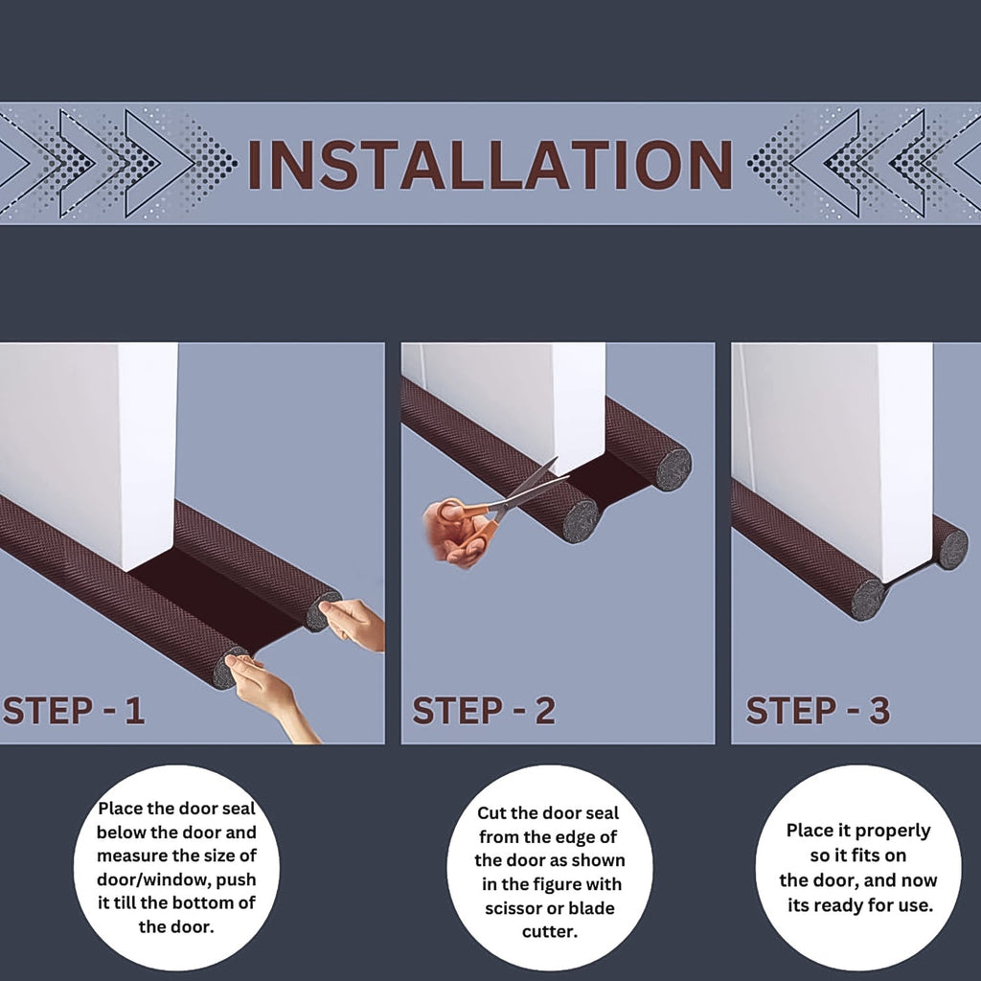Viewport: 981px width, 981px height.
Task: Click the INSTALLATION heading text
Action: (x=490, y=164)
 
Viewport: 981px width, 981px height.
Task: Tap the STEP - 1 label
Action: (x=74, y=711)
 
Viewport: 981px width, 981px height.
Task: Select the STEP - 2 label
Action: (x=484, y=711)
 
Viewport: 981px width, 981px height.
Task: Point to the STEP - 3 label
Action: (x=817, y=711)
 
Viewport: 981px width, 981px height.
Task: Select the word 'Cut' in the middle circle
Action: (x=493, y=813)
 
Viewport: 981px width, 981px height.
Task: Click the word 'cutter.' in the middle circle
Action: (x=549, y=930)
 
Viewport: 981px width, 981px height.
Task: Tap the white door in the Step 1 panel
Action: (x=91, y=441)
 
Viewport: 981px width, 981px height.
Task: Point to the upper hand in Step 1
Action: (x=354, y=623)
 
